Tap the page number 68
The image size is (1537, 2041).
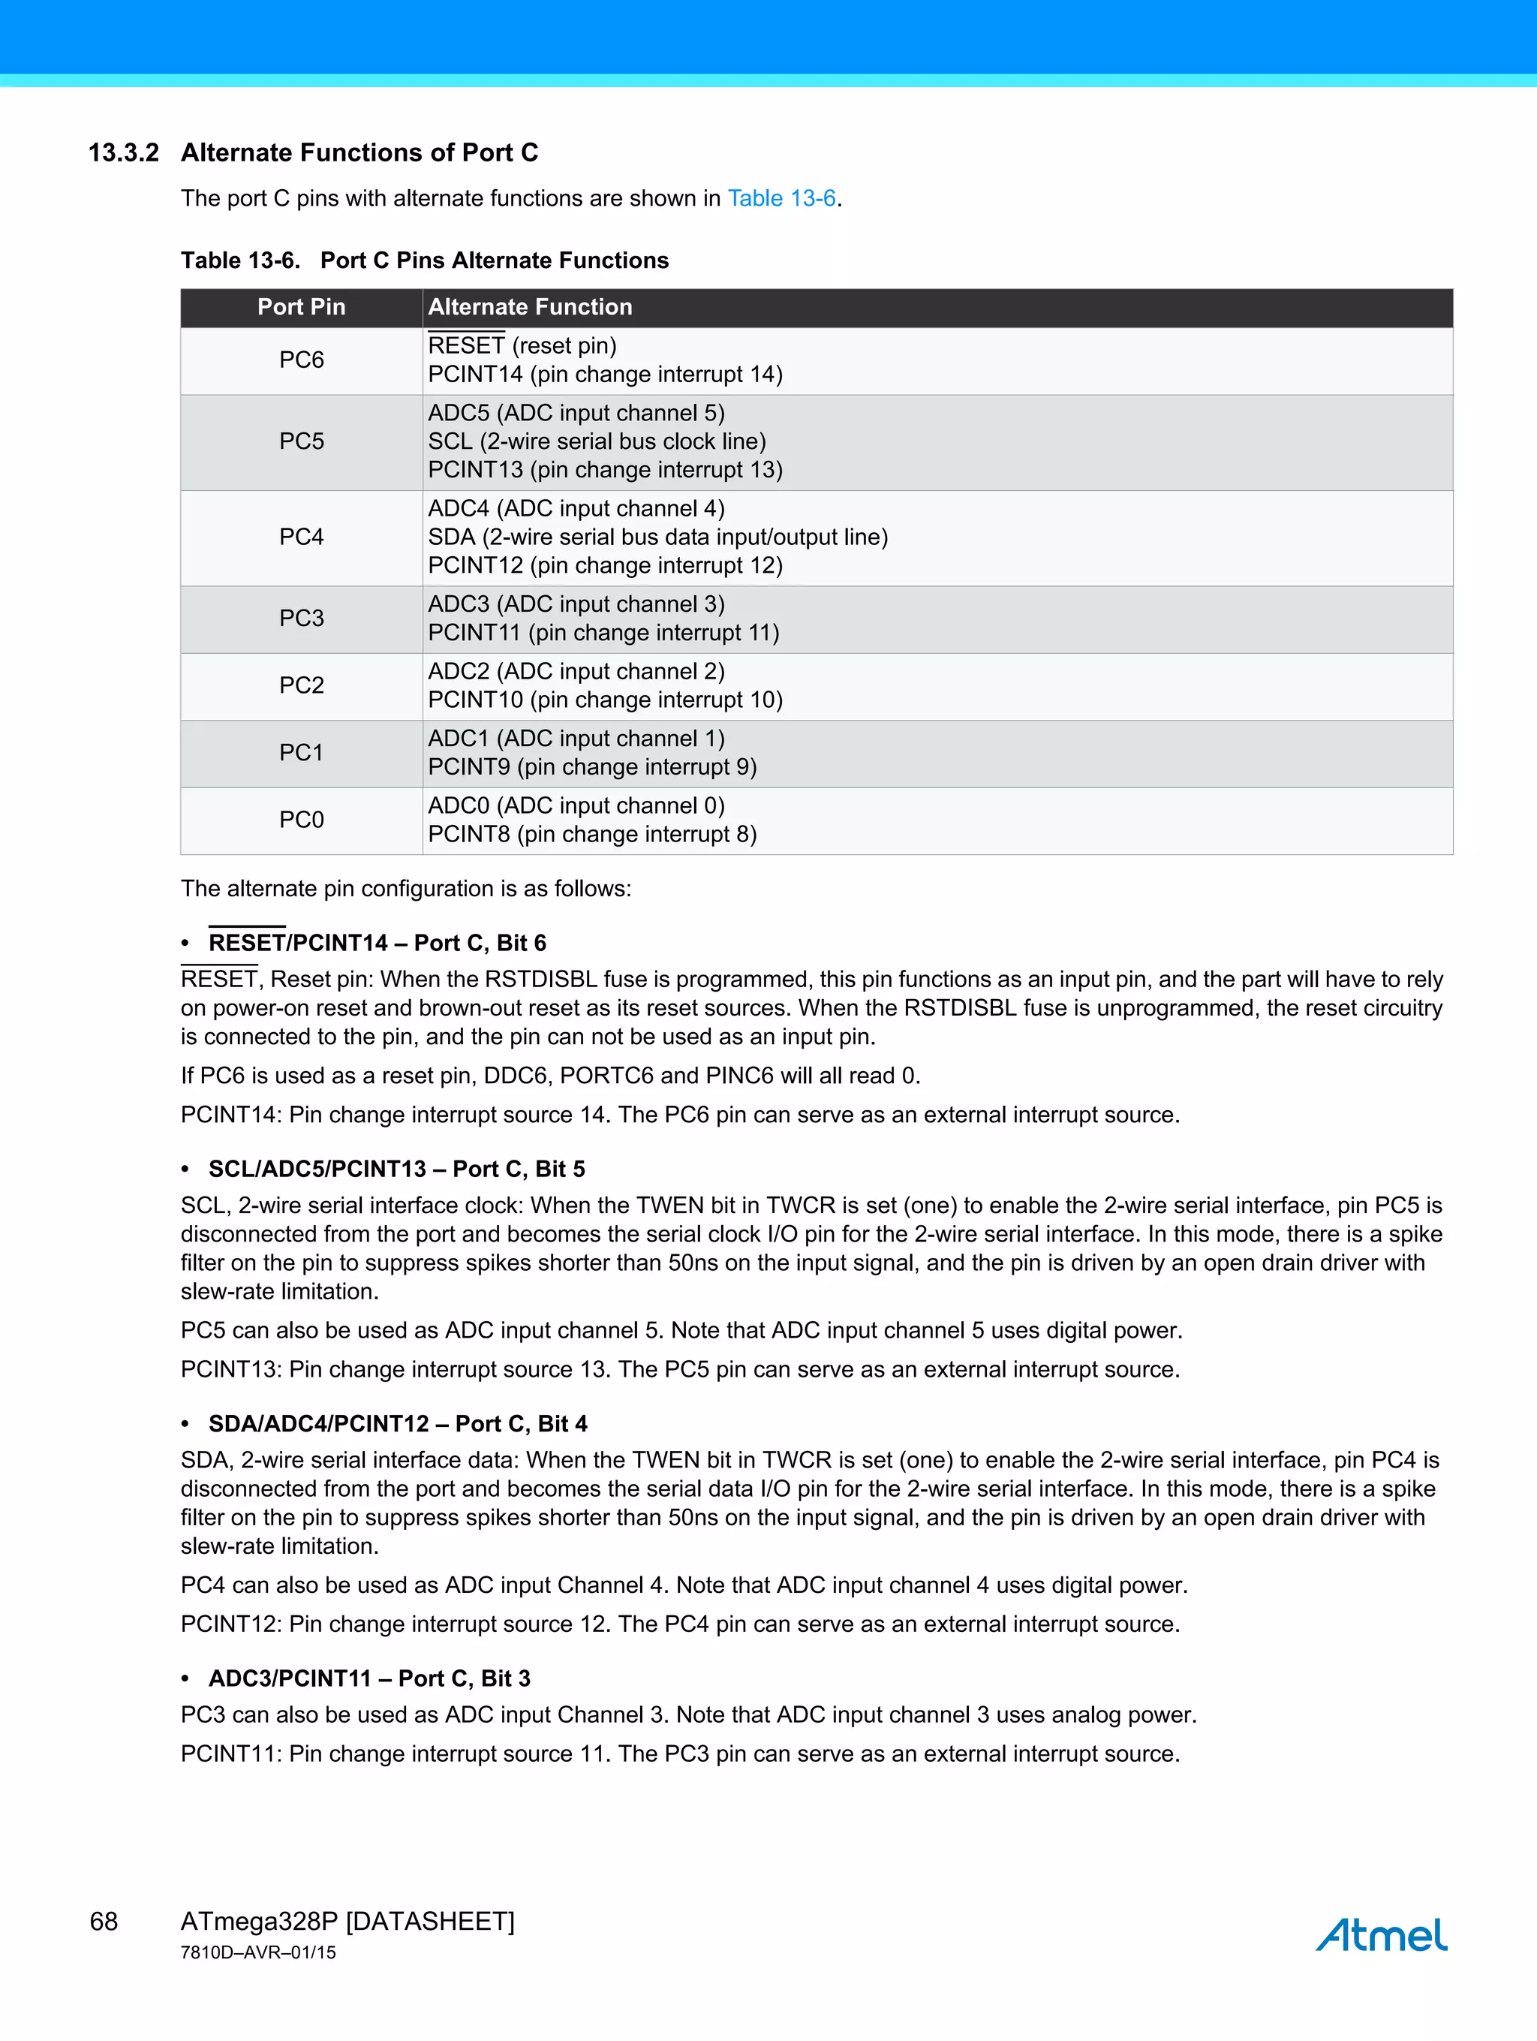coord(104,1921)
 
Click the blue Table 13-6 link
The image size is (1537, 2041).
coord(781,198)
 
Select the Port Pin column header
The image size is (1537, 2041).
coord(301,307)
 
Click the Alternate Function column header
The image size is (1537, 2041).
coord(530,307)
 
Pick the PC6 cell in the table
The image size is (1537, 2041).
coord(301,360)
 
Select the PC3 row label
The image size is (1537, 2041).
coord(301,619)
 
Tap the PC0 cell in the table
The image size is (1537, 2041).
coord(301,820)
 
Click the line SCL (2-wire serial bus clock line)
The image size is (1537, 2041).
coord(596,441)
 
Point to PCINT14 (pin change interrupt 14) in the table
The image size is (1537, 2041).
coord(604,375)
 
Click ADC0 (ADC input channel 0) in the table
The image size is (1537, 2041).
coord(576,805)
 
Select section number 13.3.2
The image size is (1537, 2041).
coord(124,152)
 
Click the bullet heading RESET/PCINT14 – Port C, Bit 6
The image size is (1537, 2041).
coord(377,942)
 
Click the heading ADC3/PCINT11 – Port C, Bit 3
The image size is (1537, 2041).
coord(369,1678)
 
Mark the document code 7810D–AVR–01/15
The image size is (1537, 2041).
coord(257,1952)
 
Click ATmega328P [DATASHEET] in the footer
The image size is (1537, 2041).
coord(347,1921)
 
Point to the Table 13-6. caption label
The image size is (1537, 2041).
coord(240,260)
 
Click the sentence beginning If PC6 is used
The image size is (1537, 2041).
coord(550,1076)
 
